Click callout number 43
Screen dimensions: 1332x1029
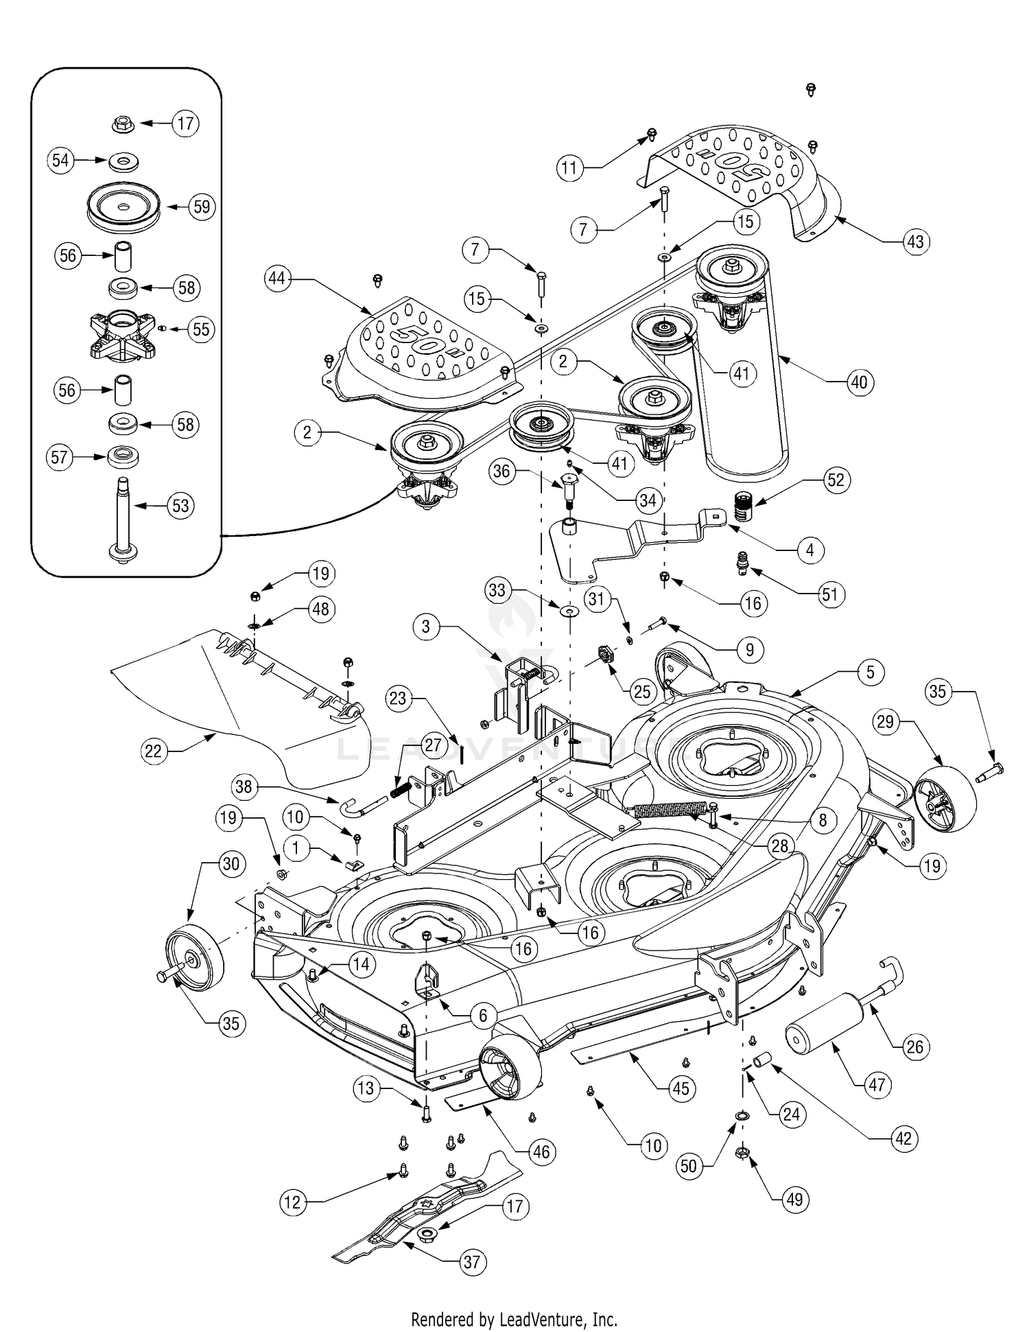click(915, 242)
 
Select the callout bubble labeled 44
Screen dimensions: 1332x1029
click(277, 279)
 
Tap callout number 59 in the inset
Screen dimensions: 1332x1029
click(202, 207)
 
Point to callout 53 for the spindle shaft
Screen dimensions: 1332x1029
click(180, 506)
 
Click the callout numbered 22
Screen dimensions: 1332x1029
click(153, 751)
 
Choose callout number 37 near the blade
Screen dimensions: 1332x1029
click(472, 1261)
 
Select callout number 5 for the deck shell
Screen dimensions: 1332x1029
click(871, 672)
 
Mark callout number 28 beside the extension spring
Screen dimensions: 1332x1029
click(780, 845)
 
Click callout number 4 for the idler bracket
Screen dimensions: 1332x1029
click(810, 550)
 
